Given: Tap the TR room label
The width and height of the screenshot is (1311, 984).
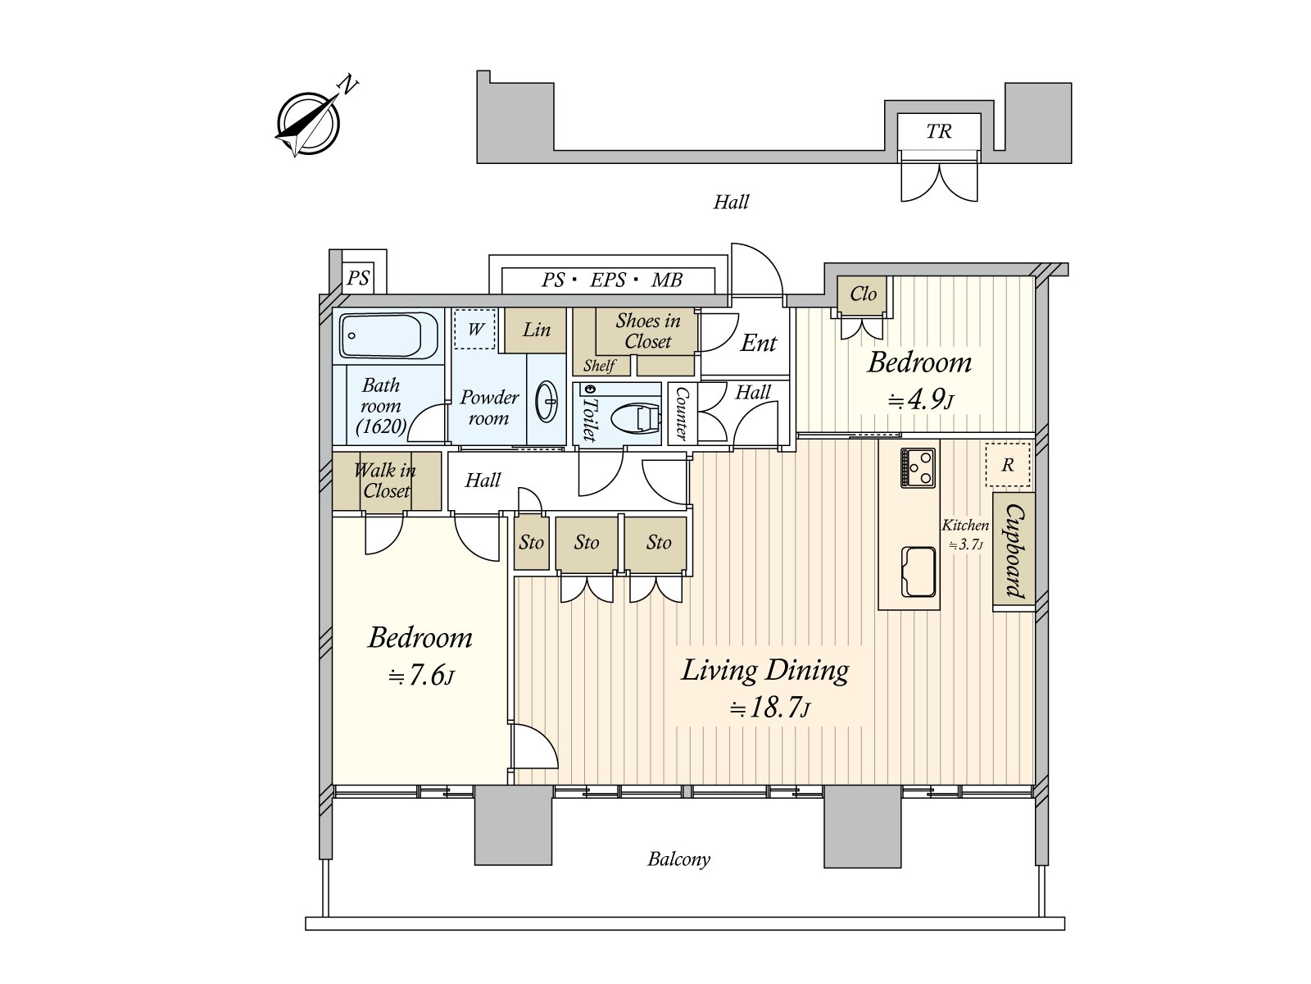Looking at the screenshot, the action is [938, 131].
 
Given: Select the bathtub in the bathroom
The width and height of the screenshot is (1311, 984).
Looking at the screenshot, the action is [389, 335].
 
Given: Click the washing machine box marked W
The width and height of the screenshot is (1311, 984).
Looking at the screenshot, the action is [474, 329].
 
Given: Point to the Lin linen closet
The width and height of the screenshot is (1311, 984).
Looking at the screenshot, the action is [536, 330].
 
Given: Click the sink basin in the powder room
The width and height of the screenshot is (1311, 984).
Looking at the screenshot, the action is [547, 402].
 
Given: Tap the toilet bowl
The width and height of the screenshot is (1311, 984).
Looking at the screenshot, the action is [636, 418].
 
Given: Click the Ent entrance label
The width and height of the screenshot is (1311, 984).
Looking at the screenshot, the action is [759, 343].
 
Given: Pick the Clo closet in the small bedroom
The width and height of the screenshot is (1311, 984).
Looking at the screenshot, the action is [863, 294].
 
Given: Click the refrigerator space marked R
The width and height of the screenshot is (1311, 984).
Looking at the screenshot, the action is [1008, 464].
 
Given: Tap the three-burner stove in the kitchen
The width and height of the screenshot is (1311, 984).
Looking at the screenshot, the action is [919, 467].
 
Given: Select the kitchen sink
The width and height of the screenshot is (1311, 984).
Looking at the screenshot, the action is [918, 572].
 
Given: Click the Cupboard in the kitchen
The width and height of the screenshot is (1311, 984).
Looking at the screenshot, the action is [1014, 551].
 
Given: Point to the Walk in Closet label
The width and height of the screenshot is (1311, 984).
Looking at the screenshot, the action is [386, 481].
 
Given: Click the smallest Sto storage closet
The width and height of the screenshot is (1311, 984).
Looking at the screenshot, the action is [531, 543].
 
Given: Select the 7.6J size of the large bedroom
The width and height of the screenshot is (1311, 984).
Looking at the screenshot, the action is [421, 676].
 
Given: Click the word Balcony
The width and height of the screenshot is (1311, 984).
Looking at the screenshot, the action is [679, 859].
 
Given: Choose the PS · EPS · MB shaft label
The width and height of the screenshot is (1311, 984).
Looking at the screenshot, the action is [611, 280].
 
